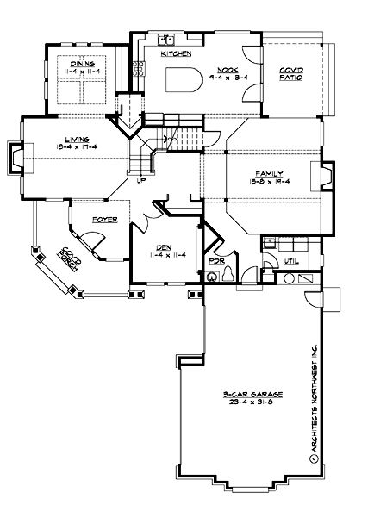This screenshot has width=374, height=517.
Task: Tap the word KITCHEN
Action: pos(176,53)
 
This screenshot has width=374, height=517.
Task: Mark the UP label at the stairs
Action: pos(140,180)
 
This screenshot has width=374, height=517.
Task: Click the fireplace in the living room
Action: pos(18,158)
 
